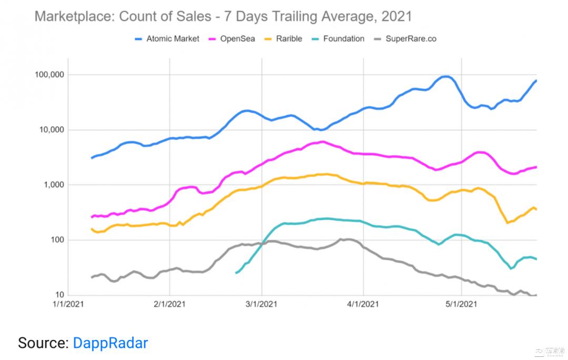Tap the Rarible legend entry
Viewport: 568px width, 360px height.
288,38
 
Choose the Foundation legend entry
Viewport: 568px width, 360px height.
343,38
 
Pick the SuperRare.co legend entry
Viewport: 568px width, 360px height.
411,38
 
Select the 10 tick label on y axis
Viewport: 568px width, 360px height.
60,295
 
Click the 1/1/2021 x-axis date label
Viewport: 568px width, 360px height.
68,304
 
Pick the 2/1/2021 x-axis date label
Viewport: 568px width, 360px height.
169,304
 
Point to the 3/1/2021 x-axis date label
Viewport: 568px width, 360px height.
262,304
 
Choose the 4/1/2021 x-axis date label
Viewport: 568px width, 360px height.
363,304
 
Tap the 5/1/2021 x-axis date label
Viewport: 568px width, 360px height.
461,304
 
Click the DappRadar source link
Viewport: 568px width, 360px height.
110,343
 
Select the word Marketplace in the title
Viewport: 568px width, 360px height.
74,16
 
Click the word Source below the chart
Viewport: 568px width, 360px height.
43,343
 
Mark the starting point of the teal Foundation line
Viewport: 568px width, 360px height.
236,273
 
